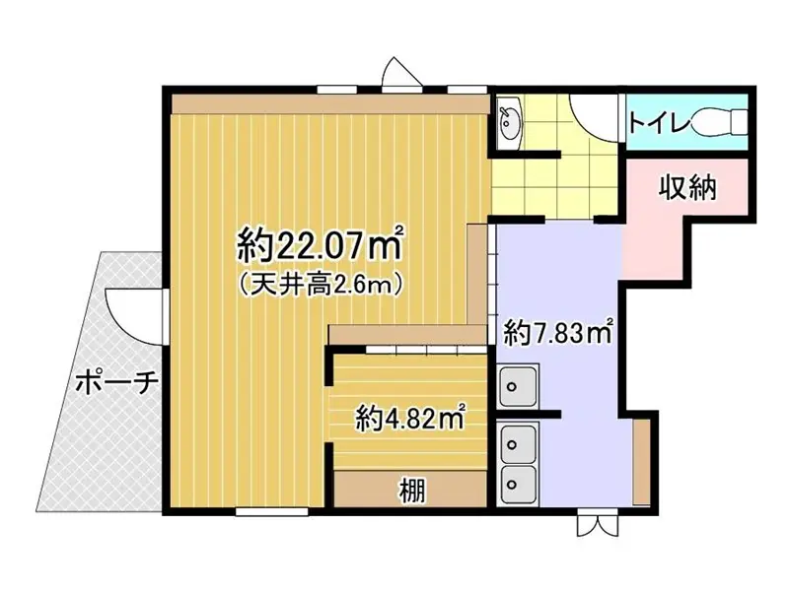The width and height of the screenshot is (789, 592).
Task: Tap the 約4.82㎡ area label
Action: coord(410,419)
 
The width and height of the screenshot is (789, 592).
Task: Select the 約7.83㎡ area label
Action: coord(559,332)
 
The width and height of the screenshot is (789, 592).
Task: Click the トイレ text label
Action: coord(658,123)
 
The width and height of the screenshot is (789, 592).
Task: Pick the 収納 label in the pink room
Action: coord(687,186)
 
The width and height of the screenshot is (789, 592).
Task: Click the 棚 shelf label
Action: coord(412,489)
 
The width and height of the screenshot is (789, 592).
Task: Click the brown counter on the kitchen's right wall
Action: coord(641,461)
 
